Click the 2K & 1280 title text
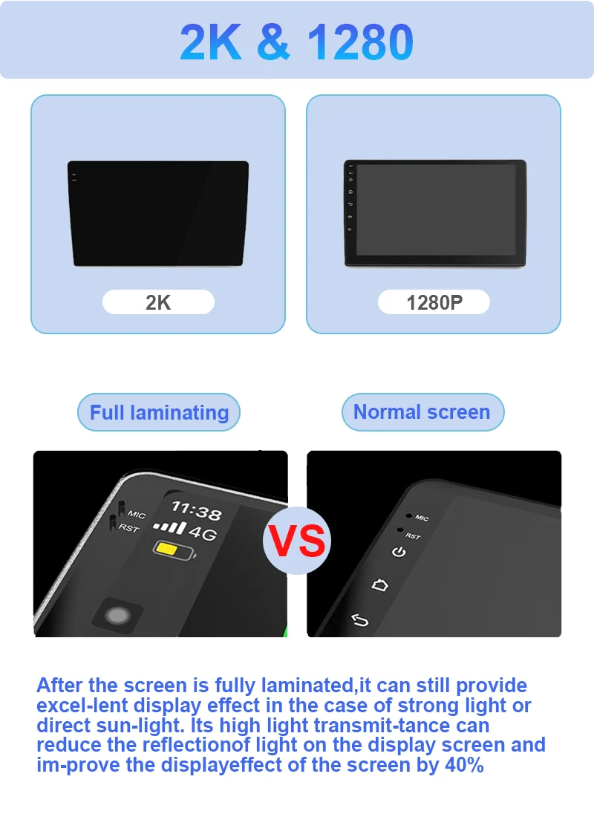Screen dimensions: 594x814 click(x=296, y=42)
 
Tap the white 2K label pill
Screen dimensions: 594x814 click(x=158, y=302)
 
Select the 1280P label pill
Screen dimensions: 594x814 click(x=434, y=302)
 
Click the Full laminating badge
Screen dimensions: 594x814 click(x=159, y=412)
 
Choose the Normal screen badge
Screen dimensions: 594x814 click(x=422, y=411)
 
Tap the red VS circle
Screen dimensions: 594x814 click(x=297, y=541)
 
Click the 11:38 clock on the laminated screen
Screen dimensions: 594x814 click(x=197, y=510)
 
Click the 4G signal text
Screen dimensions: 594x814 click(x=203, y=532)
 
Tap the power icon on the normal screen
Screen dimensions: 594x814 click(x=399, y=551)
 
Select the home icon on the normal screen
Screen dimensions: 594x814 click(x=379, y=585)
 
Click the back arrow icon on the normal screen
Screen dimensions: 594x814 click(x=359, y=620)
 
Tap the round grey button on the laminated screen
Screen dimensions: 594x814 click(x=117, y=616)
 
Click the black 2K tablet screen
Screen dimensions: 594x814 click(x=158, y=213)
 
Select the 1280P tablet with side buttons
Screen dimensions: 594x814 click(x=435, y=213)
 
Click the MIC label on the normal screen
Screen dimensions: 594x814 click(x=422, y=518)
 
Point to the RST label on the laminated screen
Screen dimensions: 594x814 click(x=128, y=528)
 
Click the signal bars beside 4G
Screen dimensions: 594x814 click(x=169, y=527)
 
